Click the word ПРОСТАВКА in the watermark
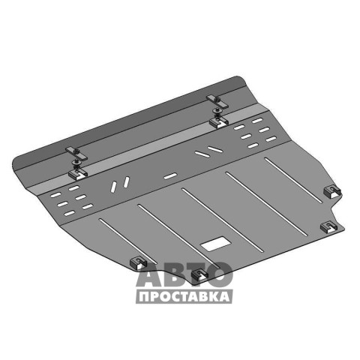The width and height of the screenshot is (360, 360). [184, 297]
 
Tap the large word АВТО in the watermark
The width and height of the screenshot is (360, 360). [184, 274]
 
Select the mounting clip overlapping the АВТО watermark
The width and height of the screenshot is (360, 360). [199, 275]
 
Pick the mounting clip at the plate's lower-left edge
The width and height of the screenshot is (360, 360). [138, 262]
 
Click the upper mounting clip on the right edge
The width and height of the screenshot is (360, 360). [332, 192]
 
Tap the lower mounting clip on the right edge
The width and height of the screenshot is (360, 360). [328, 227]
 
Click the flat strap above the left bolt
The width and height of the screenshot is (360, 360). [76, 154]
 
